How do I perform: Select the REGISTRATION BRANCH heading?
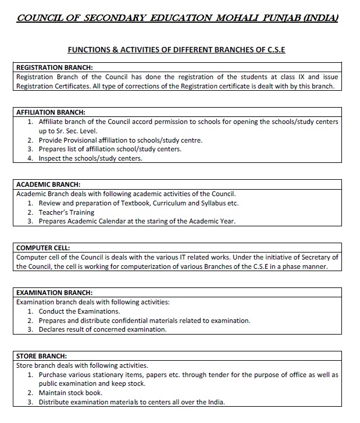[55, 67]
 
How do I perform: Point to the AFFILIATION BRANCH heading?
[51, 112]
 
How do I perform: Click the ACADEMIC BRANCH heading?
[48, 184]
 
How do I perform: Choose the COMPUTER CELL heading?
[43, 248]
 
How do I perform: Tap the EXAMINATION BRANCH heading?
[54, 293]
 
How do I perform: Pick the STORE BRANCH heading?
[41, 356]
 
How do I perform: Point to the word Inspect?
[50, 158]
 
